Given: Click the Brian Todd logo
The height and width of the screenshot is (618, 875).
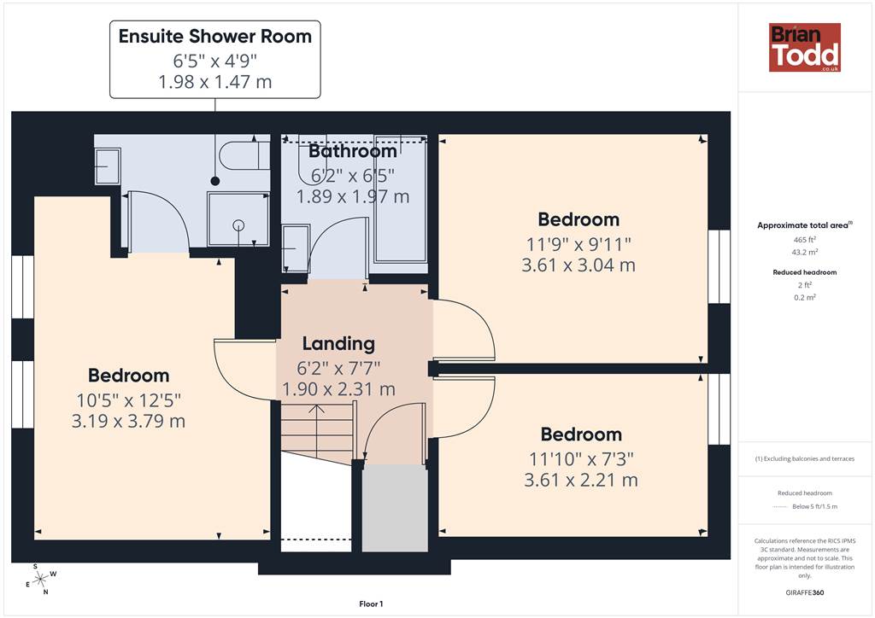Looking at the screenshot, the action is [x=805, y=47].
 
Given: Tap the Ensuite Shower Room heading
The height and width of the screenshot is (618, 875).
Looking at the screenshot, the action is [x=214, y=36].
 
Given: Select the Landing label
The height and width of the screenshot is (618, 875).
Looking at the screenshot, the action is [x=338, y=344].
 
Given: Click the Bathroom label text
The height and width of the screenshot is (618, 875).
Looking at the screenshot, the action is [x=353, y=151].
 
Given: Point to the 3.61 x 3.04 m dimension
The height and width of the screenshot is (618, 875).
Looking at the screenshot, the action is [x=578, y=265].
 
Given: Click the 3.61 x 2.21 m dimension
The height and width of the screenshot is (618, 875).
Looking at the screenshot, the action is [x=581, y=480].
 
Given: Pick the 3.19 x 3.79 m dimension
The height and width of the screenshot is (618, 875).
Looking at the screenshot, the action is [x=128, y=421].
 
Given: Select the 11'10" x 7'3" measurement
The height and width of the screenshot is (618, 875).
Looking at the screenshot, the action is [x=581, y=458].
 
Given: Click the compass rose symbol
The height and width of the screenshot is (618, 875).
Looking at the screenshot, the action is [x=40, y=580].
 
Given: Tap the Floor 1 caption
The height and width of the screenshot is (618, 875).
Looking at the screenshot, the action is [x=371, y=604].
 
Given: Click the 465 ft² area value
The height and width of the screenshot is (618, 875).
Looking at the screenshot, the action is [x=805, y=240].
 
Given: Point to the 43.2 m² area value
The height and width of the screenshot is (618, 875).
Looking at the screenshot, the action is [x=805, y=252].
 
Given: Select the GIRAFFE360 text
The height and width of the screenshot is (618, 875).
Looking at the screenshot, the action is [x=805, y=592].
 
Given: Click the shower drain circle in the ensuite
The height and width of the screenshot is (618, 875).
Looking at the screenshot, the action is [x=239, y=225].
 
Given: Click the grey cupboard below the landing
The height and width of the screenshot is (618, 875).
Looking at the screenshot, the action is [x=395, y=508].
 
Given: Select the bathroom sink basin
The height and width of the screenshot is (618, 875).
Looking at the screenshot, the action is [x=296, y=248].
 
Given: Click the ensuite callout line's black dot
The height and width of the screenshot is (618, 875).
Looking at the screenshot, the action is [x=214, y=181].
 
